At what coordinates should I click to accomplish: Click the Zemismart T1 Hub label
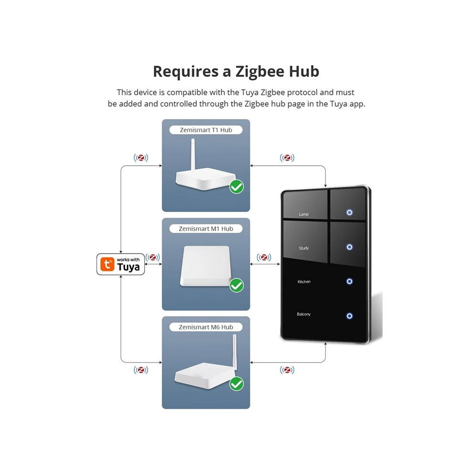pyautogui.click(x=206, y=130)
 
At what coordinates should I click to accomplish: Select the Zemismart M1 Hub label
pyautogui.click(x=206, y=229)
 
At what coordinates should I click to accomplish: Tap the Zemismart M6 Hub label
pyautogui.click(x=206, y=327)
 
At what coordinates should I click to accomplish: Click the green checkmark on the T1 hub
pyautogui.click(x=236, y=187)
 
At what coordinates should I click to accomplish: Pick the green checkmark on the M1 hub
pyautogui.click(x=236, y=285)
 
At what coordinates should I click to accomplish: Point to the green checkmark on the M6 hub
pyautogui.click(x=236, y=384)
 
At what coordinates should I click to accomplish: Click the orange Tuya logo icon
pyautogui.click(x=107, y=264)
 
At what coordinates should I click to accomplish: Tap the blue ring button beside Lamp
pyautogui.click(x=349, y=212)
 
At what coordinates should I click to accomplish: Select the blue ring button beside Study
pyautogui.click(x=349, y=247)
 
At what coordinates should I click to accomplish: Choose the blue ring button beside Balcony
pyautogui.click(x=349, y=316)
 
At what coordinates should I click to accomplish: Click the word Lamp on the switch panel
pyautogui.click(x=303, y=214)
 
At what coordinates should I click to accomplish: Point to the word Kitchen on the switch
pyautogui.click(x=304, y=281)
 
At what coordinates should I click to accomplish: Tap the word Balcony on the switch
pyautogui.click(x=303, y=314)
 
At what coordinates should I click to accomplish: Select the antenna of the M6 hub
pyautogui.click(x=235, y=352)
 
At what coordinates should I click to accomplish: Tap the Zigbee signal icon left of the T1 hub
pyautogui.click(x=141, y=158)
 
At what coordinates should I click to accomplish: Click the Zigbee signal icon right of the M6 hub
pyautogui.click(x=287, y=370)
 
